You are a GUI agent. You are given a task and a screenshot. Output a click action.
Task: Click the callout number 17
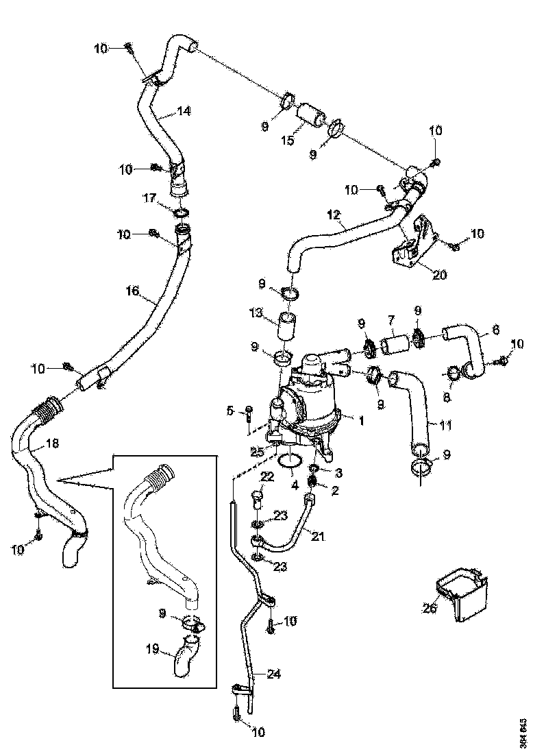149,199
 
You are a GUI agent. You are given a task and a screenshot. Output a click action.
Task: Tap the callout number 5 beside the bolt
231,411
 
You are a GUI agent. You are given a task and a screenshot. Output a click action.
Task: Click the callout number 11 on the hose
446,426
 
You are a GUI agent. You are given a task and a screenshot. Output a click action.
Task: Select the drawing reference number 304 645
523,733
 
